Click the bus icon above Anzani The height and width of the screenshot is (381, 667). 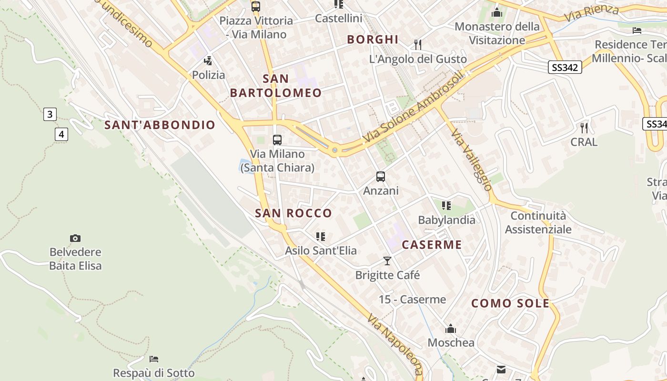tap(381, 177)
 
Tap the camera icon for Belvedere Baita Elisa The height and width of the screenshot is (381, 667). tap(75, 238)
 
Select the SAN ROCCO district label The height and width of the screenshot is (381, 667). tap(293, 213)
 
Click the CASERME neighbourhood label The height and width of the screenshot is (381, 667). tap(432, 245)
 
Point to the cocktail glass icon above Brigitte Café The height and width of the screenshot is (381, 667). tap(387, 261)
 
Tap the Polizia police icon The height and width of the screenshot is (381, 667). tap(208, 61)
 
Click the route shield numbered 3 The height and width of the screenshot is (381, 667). tap(50, 114)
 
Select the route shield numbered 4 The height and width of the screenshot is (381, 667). tap(61, 134)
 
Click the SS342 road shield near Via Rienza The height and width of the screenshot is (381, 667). tap(565, 68)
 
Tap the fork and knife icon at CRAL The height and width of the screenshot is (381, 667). tap(584, 128)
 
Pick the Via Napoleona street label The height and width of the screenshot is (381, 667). tap(395, 345)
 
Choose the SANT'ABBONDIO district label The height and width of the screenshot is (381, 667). tap(160, 125)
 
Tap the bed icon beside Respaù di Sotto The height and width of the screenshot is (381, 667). tap(154, 359)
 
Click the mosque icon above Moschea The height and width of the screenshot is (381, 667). tap(451, 329)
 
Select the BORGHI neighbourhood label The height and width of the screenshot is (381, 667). tap(373, 40)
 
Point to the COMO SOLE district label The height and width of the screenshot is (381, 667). tap(510, 303)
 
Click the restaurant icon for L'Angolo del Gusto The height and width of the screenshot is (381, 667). tap(418, 45)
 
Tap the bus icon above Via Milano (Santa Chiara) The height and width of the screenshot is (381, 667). tap(277, 140)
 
